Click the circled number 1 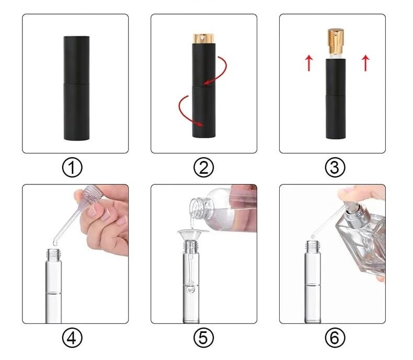pyautogui.click(x=72, y=167)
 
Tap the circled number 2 pyautogui.click(x=203, y=167)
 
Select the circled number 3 pyautogui.click(x=335, y=167)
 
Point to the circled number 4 pyautogui.click(x=72, y=338)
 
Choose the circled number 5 pyautogui.click(x=203, y=338)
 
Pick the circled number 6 pyautogui.click(x=335, y=338)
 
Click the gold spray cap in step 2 pyautogui.click(x=203, y=39)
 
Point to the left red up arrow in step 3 pyautogui.click(x=309, y=63)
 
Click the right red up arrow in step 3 pyautogui.click(x=365, y=63)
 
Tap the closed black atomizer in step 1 pyautogui.click(x=76, y=88)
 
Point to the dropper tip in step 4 pyautogui.click(x=55, y=242)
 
